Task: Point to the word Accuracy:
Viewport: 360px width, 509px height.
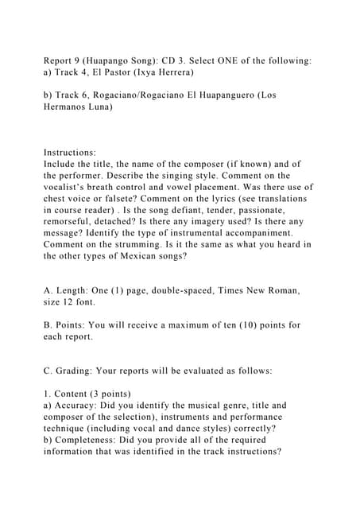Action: (77, 405)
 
